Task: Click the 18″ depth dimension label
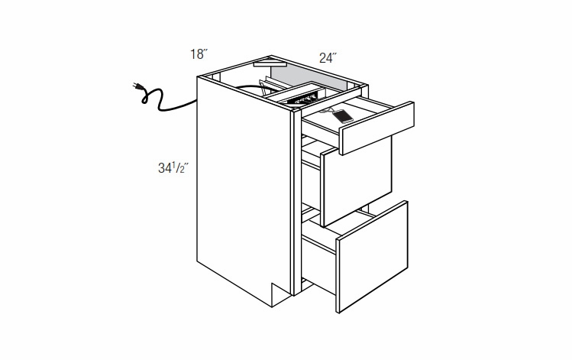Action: tap(199, 54)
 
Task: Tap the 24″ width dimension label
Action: tap(328, 57)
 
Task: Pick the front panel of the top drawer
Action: tap(378, 126)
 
